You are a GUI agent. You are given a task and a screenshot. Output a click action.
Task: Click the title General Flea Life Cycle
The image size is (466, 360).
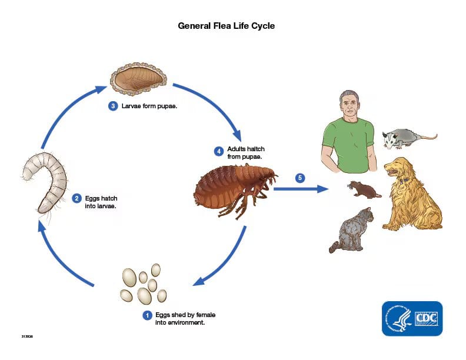pos(227,26)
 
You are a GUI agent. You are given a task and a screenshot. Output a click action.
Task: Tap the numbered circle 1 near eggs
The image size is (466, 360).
pos(147,315)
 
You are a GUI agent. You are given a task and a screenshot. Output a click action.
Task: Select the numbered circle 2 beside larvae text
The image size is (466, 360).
pos(76,198)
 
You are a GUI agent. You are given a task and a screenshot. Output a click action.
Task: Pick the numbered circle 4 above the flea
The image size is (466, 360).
pos(218,151)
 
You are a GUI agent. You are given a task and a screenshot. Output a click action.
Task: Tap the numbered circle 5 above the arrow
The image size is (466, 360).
pos(300,177)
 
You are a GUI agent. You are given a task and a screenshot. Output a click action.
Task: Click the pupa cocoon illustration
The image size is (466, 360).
pos(139,79)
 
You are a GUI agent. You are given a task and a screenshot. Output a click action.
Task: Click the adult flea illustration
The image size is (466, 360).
pos(235,187)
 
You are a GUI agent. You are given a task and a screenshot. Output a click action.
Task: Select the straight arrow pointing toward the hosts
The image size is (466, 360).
pos(300,189)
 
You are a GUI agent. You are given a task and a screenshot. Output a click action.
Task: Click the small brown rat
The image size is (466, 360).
pos(363,189)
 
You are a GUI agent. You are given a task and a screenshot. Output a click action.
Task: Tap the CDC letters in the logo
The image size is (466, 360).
pos(427,318)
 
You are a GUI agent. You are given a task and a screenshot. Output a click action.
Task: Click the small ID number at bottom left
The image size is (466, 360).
pos(27,336)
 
